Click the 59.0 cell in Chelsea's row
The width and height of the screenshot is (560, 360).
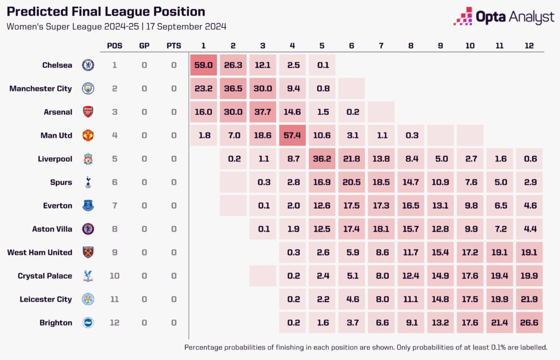click(203, 65)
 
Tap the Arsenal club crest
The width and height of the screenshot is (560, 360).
click(87, 112)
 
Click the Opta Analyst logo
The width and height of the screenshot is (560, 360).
click(504, 17)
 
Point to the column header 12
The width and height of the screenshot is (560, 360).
click(528, 45)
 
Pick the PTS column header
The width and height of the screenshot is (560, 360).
click(174, 45)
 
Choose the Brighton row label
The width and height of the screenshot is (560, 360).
click(56, 323)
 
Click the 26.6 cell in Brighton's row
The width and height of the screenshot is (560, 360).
click(528, 323)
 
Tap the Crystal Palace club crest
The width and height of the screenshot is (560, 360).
click(87, 276)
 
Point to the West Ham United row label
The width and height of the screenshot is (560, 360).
click(39, 252)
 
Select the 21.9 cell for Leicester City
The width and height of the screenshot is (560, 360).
click(528, 299)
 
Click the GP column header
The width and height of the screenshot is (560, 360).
click(144, 45)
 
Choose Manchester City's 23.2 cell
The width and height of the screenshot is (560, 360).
click(203, 89)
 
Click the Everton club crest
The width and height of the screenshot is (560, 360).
click(87, 206)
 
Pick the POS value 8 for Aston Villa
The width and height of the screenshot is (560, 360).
click(115, 229)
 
